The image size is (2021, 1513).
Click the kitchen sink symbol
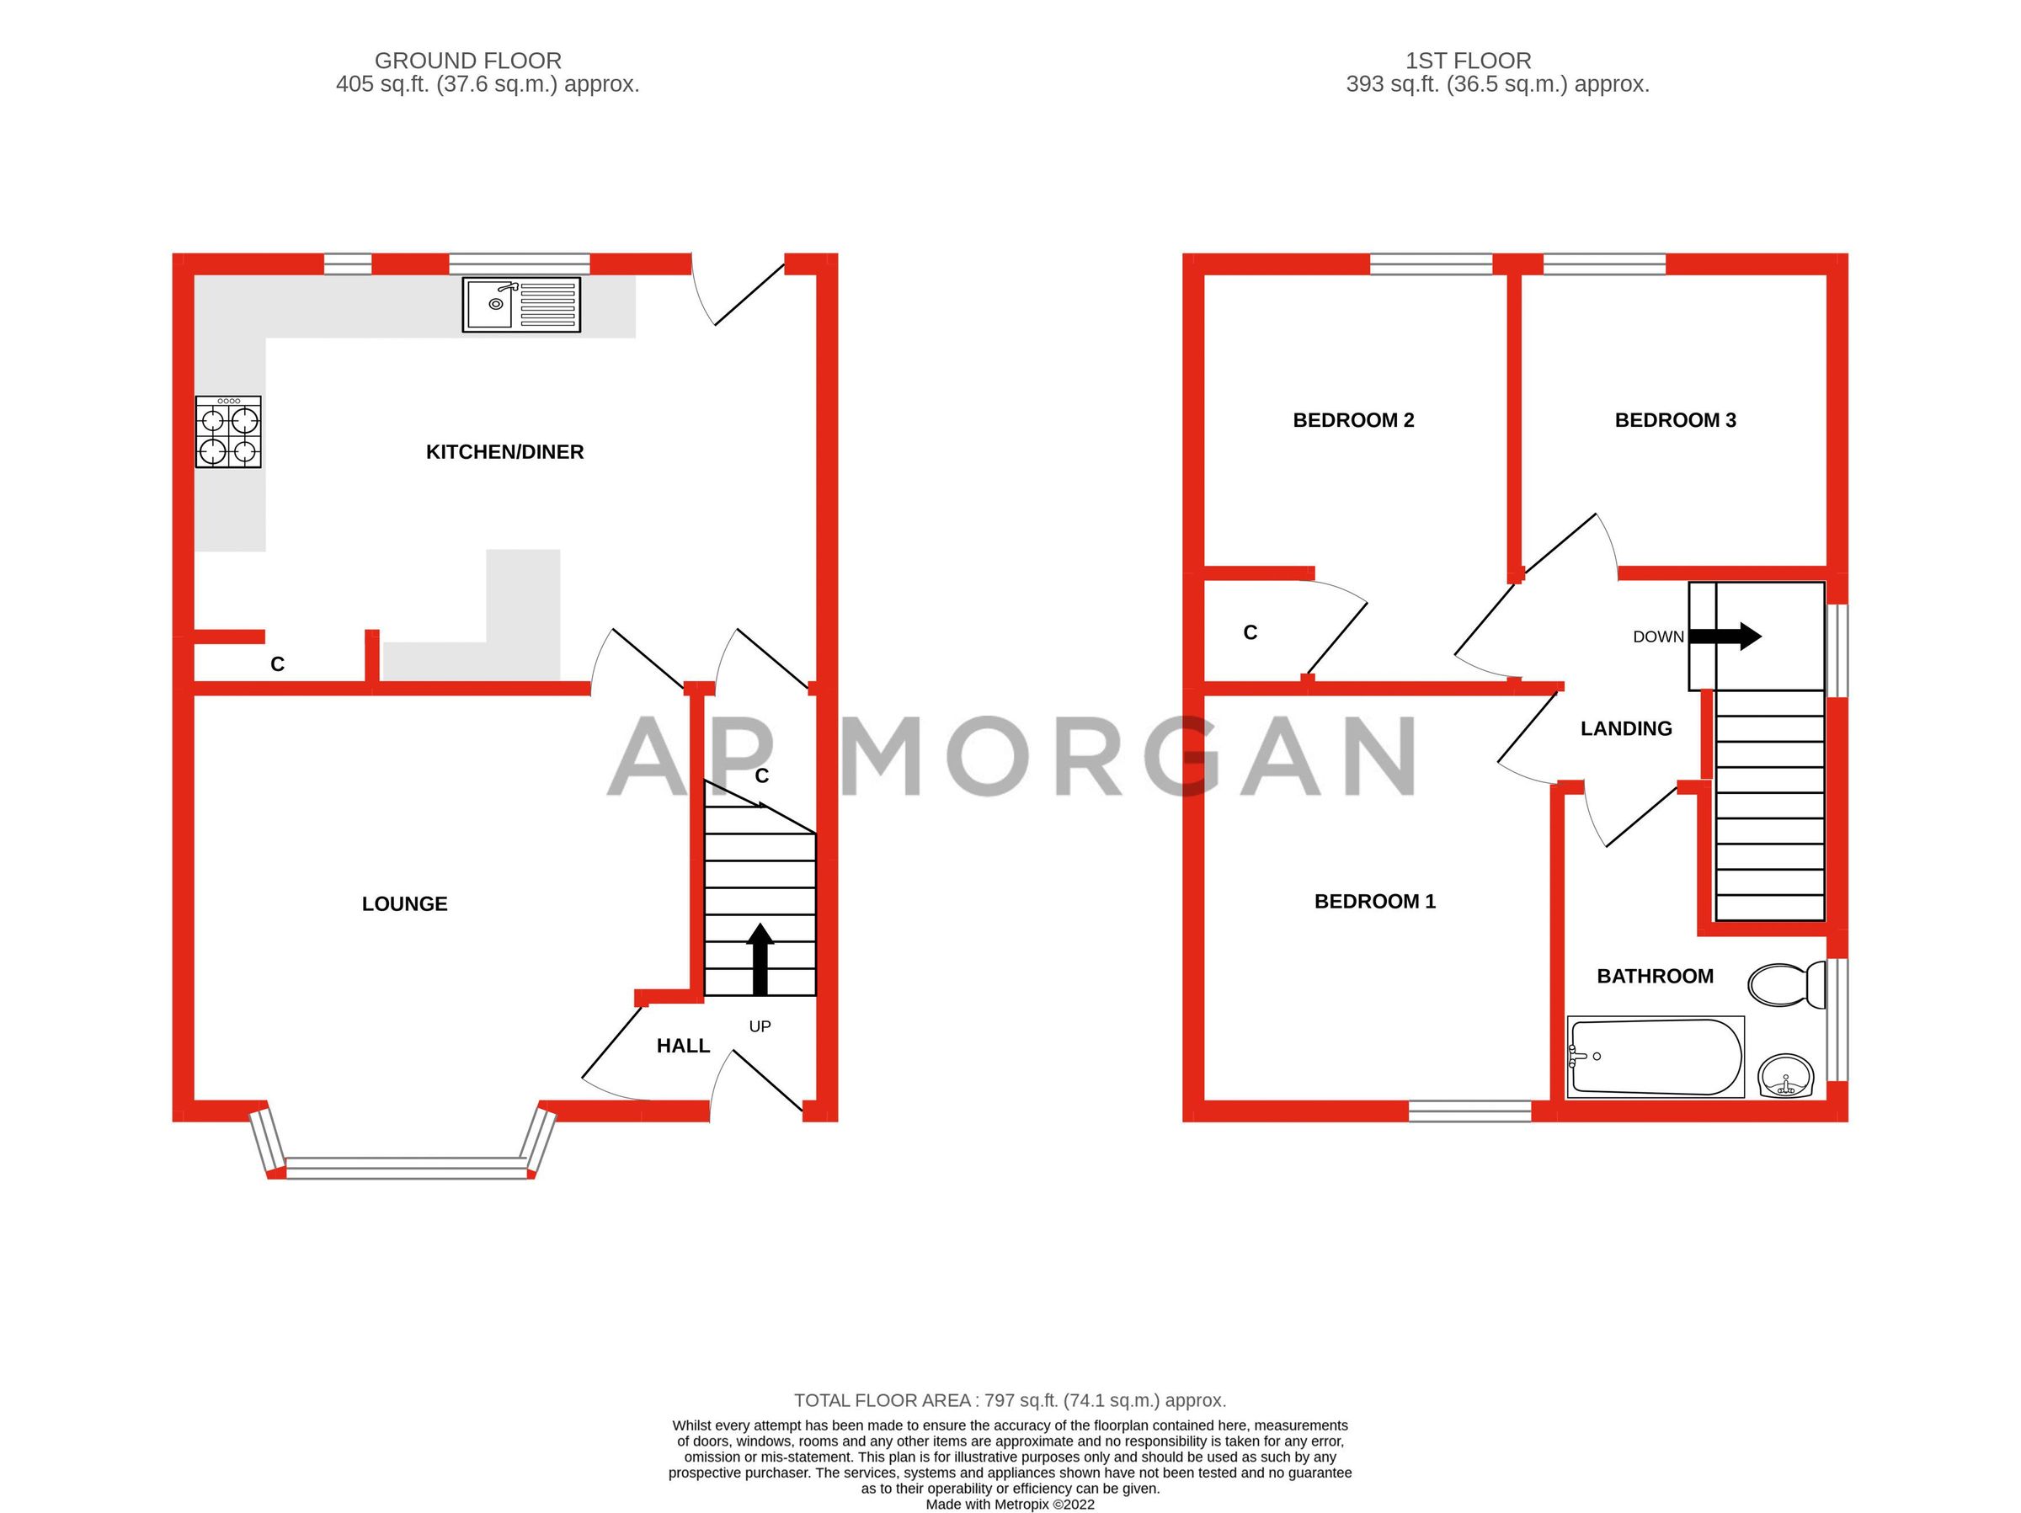point(520,304)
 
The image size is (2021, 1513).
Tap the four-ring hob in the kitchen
point(228,432)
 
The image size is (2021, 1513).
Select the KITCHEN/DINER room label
point(504,451)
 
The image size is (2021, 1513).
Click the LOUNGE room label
point(405,903)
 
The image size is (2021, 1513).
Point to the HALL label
point(682,1046)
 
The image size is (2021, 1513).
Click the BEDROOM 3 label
point(1675,420)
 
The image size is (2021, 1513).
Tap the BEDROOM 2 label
point(1353,420)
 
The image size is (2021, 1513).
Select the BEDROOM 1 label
point(1374,902)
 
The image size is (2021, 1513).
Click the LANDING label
point(1625,728)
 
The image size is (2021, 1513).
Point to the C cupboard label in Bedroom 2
point(1250,632)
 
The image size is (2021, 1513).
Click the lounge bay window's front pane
point(407,1167)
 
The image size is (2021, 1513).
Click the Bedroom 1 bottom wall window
point(1469,1110)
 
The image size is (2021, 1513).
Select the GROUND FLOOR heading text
point(468,61)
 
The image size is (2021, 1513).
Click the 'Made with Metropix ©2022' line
point(1010,1504)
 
